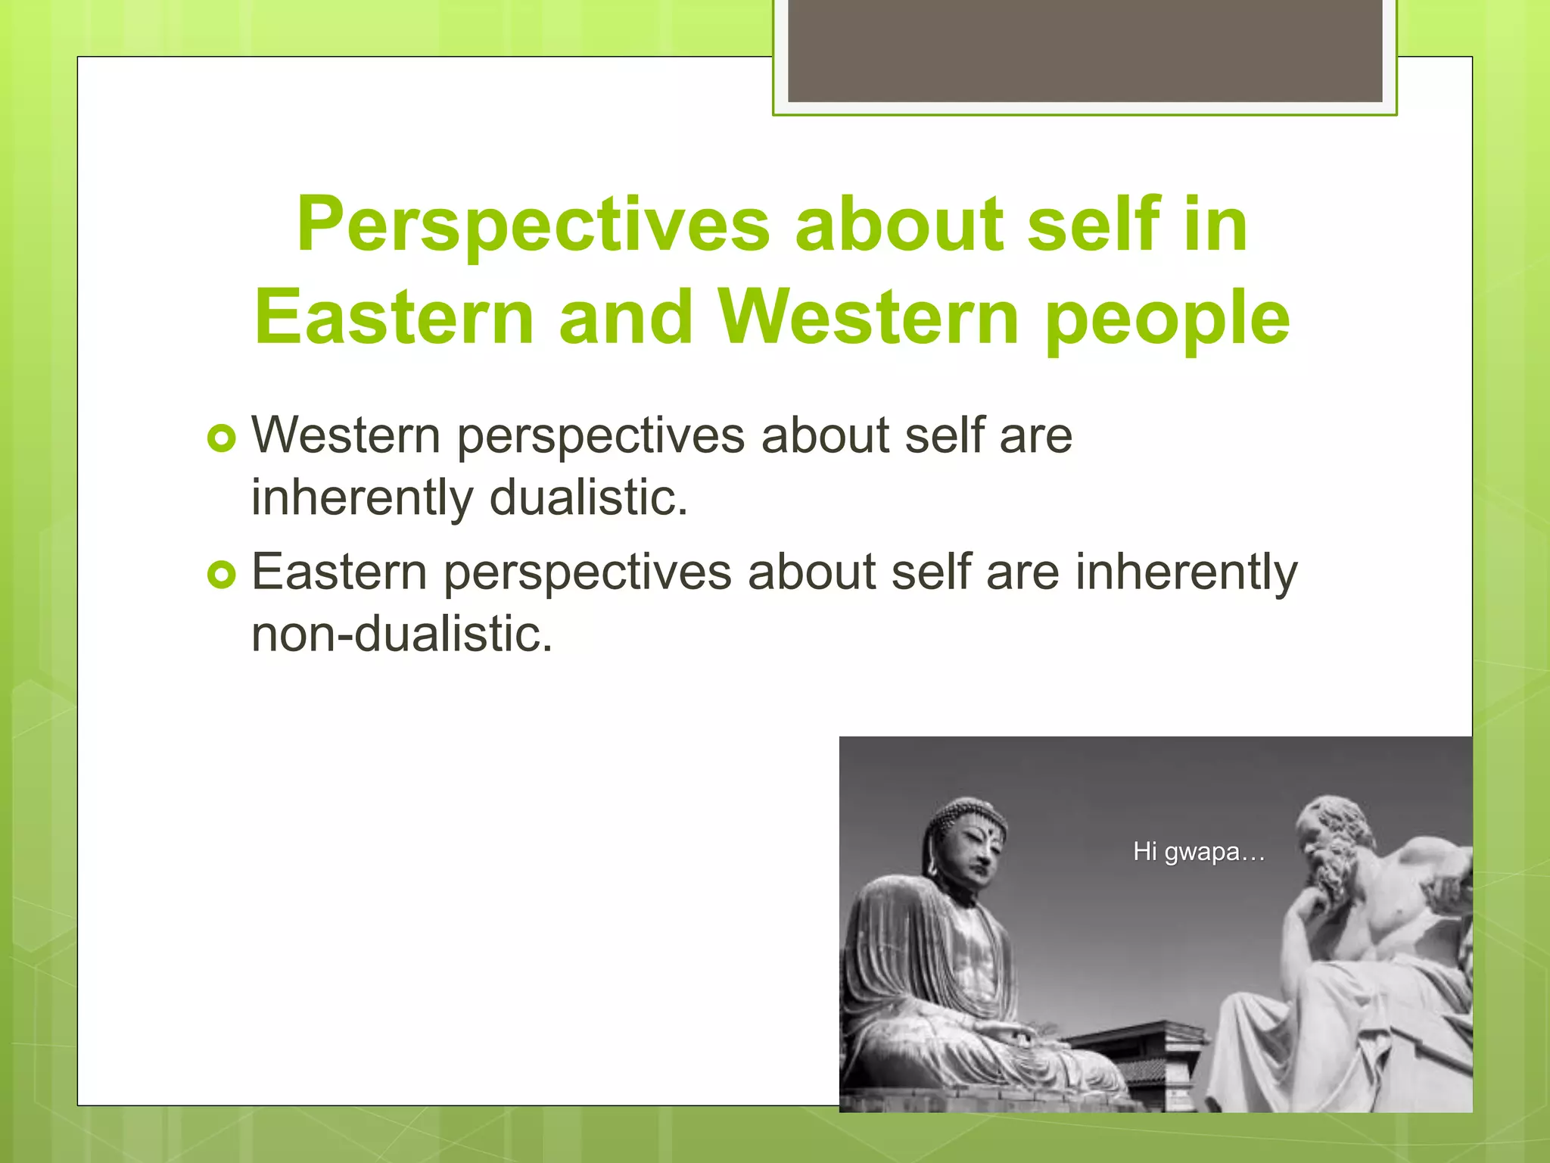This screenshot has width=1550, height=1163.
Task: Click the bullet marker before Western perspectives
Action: tap(222, 438)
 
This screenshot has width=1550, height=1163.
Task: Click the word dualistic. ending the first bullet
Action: tap(589, 497)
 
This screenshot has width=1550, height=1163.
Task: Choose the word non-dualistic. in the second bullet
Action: tap(402, 634)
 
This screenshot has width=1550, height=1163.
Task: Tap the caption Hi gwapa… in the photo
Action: tap(1199, 852)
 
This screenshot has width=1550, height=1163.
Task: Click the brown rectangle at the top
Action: tap(1085, 51)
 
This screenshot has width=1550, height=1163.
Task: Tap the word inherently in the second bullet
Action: tap(1186, 572)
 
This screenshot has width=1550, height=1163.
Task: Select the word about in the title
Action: tap(899, 225)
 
